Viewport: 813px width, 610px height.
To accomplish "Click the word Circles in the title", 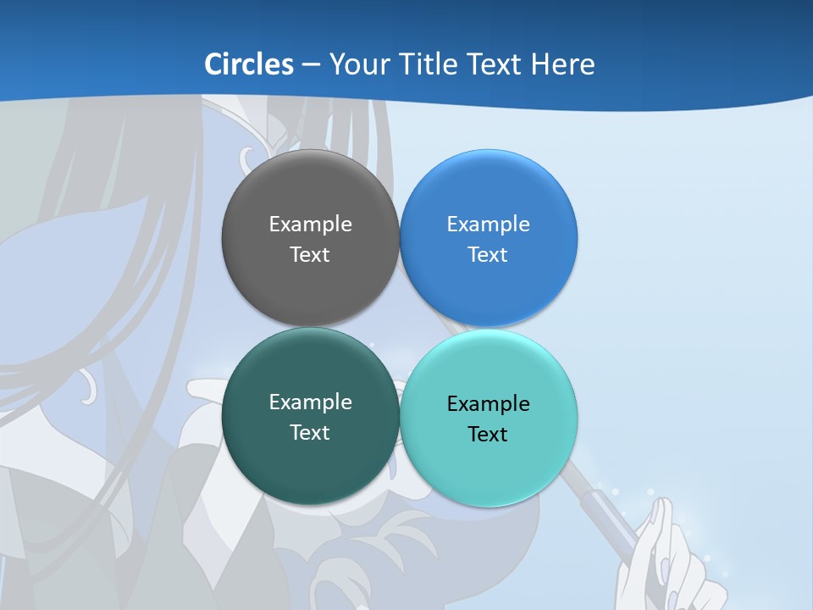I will [249, 64].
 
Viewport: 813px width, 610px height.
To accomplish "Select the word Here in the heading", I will [563, 64].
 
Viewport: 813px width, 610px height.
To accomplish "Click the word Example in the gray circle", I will [310, 225].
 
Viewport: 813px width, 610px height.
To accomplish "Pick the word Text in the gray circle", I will [310, 255].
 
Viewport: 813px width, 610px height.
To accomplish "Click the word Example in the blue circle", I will [488, 225].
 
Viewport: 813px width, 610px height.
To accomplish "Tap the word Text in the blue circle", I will [488, 255].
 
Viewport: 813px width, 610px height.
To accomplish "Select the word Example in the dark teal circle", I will [310, 402].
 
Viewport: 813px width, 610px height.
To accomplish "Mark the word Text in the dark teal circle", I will [310, 433].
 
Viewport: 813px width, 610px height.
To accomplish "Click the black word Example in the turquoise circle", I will [488, 404].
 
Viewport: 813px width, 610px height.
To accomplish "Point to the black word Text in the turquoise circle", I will [488, 435].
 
